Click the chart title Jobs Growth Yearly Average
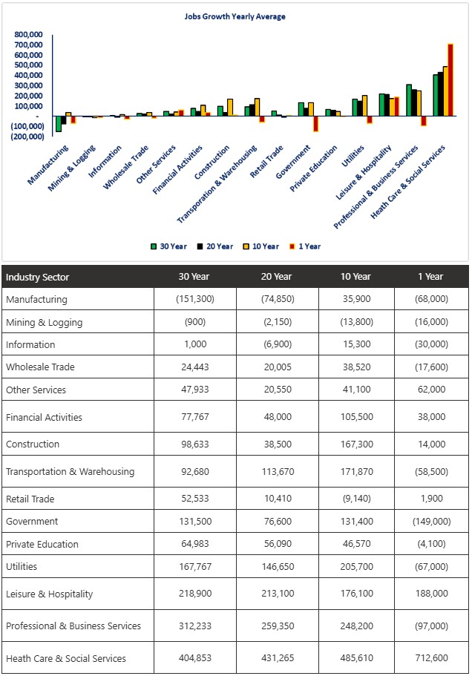(x=235, y=16)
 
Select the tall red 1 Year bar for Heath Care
(x=450, y=79)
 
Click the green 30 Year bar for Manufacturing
(x=59, y=124)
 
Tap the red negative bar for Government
(x=315, y=123)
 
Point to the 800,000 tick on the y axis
(x=28, y=34)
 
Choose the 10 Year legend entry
(x=263, y=246)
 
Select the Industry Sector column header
(x=38, y=277)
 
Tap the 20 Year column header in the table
(x=276, y=277)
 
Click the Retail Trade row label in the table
(x=30, y=499)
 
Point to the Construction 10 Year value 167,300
(x=355, y=444)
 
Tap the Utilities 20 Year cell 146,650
(x=276, y=566)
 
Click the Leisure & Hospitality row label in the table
(x=49, y=594)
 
